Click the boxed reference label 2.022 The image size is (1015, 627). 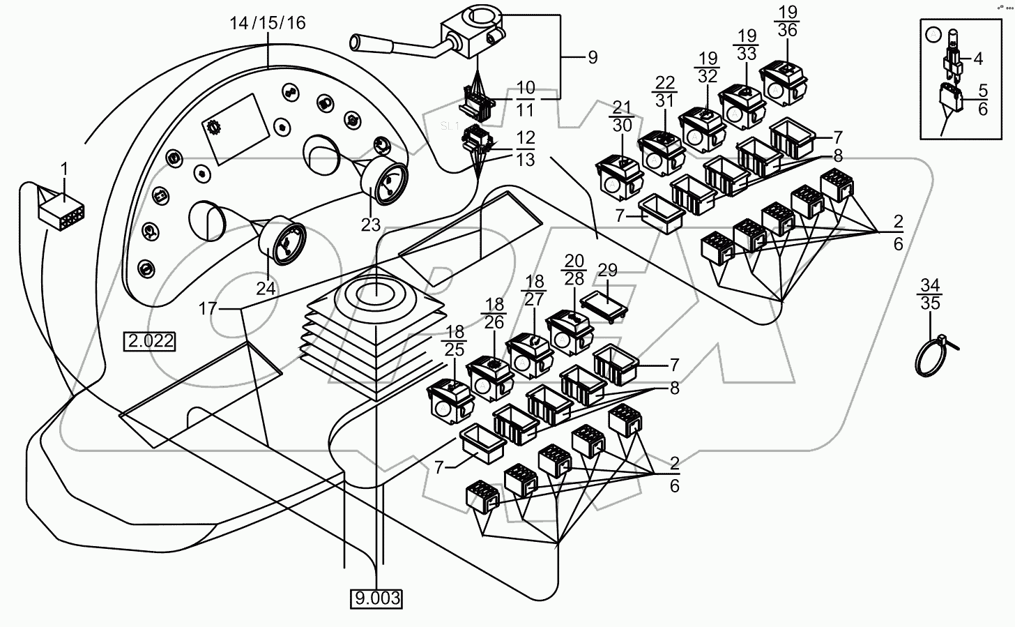pyautogui.click(x=150, y=342)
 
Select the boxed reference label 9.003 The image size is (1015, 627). pyautogui.click(x=377, y=598)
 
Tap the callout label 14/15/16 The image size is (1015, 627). pyautogui.click(x=268, y=23)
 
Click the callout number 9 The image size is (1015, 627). pyautogui.click(x=592, y=57)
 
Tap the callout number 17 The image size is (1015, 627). pyautogui.click(x=207, y=308)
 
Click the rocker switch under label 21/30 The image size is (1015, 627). pyautogui.click(x=619, y=174)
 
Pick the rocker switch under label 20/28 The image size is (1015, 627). pyautogui.click(x=569, y=330)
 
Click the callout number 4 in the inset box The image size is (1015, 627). pyautogui.click(x=977, y=59)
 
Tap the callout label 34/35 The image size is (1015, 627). pyautogui.click(x=930, y=294)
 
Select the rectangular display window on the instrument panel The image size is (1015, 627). pyautogui.click(x=235, y=130)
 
